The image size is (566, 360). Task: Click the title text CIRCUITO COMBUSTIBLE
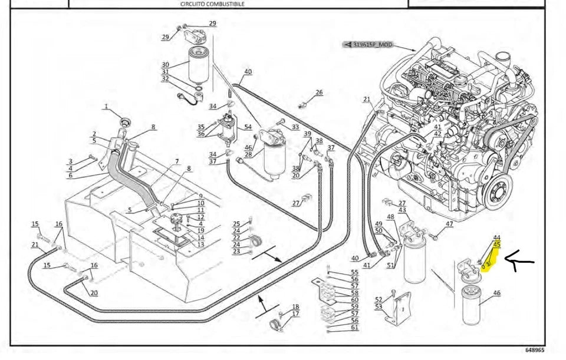tap(212, 4)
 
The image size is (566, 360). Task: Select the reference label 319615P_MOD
tap(372, 45)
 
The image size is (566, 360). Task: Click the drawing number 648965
tap(533, 350)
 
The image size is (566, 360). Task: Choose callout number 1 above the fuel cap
tap(106, 107)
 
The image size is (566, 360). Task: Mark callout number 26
tap(319, 93)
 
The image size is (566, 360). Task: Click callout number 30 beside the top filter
tap(165, 65)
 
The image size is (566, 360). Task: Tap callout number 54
tap(248, 127)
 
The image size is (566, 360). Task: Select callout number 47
tap(449, 224)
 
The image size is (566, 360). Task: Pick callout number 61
tap(354, 328)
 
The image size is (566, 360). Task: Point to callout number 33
tap(295, 127)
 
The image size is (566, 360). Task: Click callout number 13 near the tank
tap(201, 245)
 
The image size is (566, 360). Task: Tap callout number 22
tap(236, 237)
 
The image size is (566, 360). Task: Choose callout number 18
tap(295, 307)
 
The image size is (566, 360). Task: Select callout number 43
tap(402, 210)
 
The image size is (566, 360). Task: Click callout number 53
tap(379, 306)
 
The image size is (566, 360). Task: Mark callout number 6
tap(70, 175)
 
